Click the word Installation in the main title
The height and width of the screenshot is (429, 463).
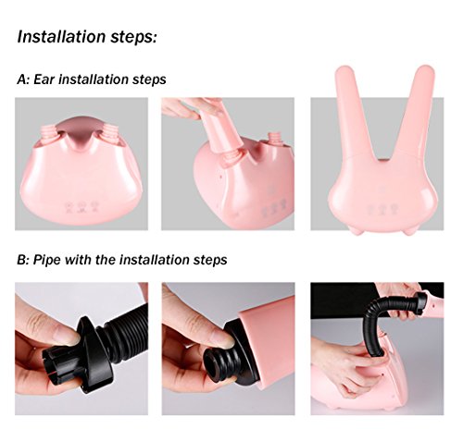click(61, 36)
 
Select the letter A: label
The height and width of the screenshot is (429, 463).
click(23, 80)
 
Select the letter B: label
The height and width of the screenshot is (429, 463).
click(23, 260)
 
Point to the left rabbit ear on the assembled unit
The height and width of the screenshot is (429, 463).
click(352, 108)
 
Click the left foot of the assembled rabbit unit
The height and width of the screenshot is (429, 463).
click(357, 229)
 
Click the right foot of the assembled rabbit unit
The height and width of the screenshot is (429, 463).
click(410, 230)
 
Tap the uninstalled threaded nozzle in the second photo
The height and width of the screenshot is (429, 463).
click(274, 140)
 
